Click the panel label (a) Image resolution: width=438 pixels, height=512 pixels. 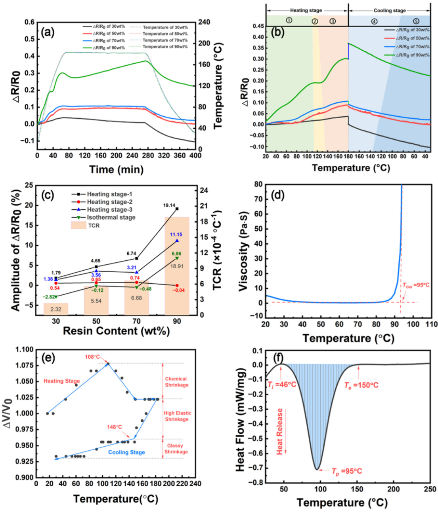coord(48,32)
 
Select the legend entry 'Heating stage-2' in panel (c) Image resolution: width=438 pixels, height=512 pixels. coord(109,202)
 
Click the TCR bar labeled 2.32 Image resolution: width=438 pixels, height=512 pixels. coord(56,309)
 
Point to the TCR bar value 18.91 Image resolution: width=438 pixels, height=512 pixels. coord(177,266)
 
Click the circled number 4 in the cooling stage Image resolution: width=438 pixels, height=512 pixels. coord(374,21)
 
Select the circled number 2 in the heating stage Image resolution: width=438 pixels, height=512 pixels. coord(315,21)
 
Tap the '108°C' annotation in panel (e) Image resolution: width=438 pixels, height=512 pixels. coord(92,357)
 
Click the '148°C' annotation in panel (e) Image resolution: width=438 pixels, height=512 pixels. coord(114,427)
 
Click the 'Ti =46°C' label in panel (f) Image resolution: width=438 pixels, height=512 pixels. coord(282,385)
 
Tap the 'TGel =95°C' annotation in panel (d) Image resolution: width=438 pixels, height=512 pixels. coord(416,285)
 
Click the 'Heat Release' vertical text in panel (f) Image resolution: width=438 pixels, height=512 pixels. coord(280,431)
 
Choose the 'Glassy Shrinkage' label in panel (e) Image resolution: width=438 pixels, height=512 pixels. coord(176,449)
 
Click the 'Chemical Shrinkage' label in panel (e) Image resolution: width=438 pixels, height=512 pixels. coord(176,382)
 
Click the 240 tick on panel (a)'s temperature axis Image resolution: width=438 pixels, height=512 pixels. coord(204,22)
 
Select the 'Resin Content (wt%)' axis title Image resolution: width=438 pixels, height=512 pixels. coord(116,331)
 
